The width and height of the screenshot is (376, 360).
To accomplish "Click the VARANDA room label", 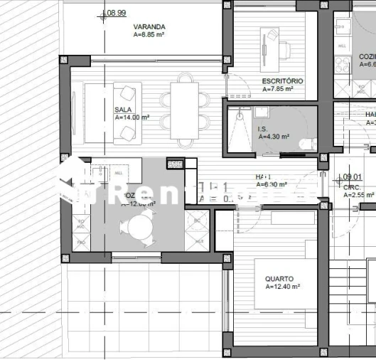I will click(x=149, y=26).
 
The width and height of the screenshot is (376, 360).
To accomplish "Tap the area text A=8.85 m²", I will click(x=149, y=34).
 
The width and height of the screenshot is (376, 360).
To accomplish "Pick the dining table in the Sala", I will click(x=184, y=110).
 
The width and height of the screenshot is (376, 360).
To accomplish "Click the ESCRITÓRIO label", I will click(x=282, y=81).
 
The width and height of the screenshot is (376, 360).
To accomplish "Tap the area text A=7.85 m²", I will click(x=282, y=90).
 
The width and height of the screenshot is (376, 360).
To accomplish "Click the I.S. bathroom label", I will click(x=262, y=129).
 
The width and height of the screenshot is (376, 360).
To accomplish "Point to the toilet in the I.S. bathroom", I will click(x=306, y=143).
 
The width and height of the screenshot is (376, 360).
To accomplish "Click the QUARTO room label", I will click(x=279, y=279).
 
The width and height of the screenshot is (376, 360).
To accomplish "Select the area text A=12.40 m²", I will click(x=282, y=287).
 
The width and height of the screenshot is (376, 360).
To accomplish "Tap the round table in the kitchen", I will click(x=136, y=228).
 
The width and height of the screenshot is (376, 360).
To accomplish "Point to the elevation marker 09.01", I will click(x=353, y=178).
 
